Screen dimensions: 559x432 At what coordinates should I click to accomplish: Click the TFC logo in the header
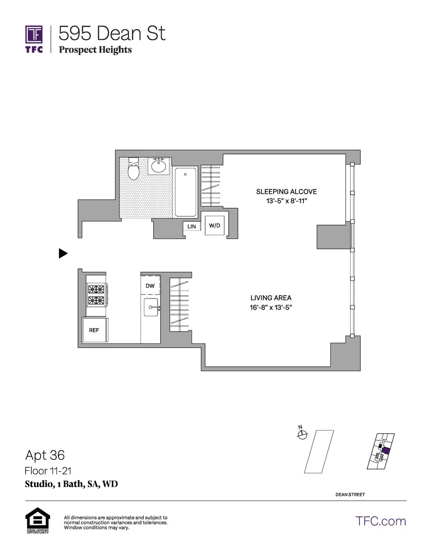34,39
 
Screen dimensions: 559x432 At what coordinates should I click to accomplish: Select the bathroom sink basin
158,166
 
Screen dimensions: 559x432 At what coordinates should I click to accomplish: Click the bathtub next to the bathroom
186,192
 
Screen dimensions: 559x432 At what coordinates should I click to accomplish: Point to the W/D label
215,226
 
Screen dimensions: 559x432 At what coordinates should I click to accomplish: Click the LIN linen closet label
192,226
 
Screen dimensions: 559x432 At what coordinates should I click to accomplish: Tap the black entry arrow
63,253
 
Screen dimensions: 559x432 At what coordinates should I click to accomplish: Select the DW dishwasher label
150,286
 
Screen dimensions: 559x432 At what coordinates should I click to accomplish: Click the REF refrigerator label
94,330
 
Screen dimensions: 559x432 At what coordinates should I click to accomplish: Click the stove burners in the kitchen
96,295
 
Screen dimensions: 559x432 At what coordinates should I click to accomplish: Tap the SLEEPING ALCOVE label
286,191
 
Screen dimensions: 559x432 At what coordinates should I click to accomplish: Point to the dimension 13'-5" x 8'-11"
286,201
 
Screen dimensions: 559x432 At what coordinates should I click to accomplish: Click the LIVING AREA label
271,298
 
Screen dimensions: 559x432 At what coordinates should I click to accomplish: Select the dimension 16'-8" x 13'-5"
271,307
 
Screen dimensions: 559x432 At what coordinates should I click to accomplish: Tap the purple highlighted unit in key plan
386,451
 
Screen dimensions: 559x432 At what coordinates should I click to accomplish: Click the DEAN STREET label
350,495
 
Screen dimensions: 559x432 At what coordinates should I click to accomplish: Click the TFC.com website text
381,521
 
